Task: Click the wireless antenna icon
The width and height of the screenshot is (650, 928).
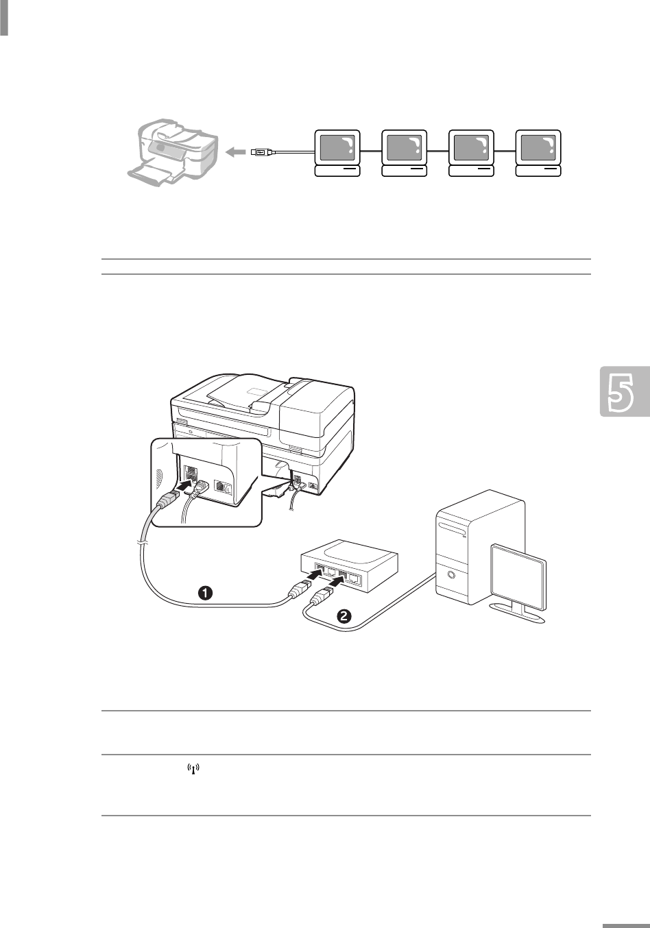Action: click(x=193, y=771)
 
